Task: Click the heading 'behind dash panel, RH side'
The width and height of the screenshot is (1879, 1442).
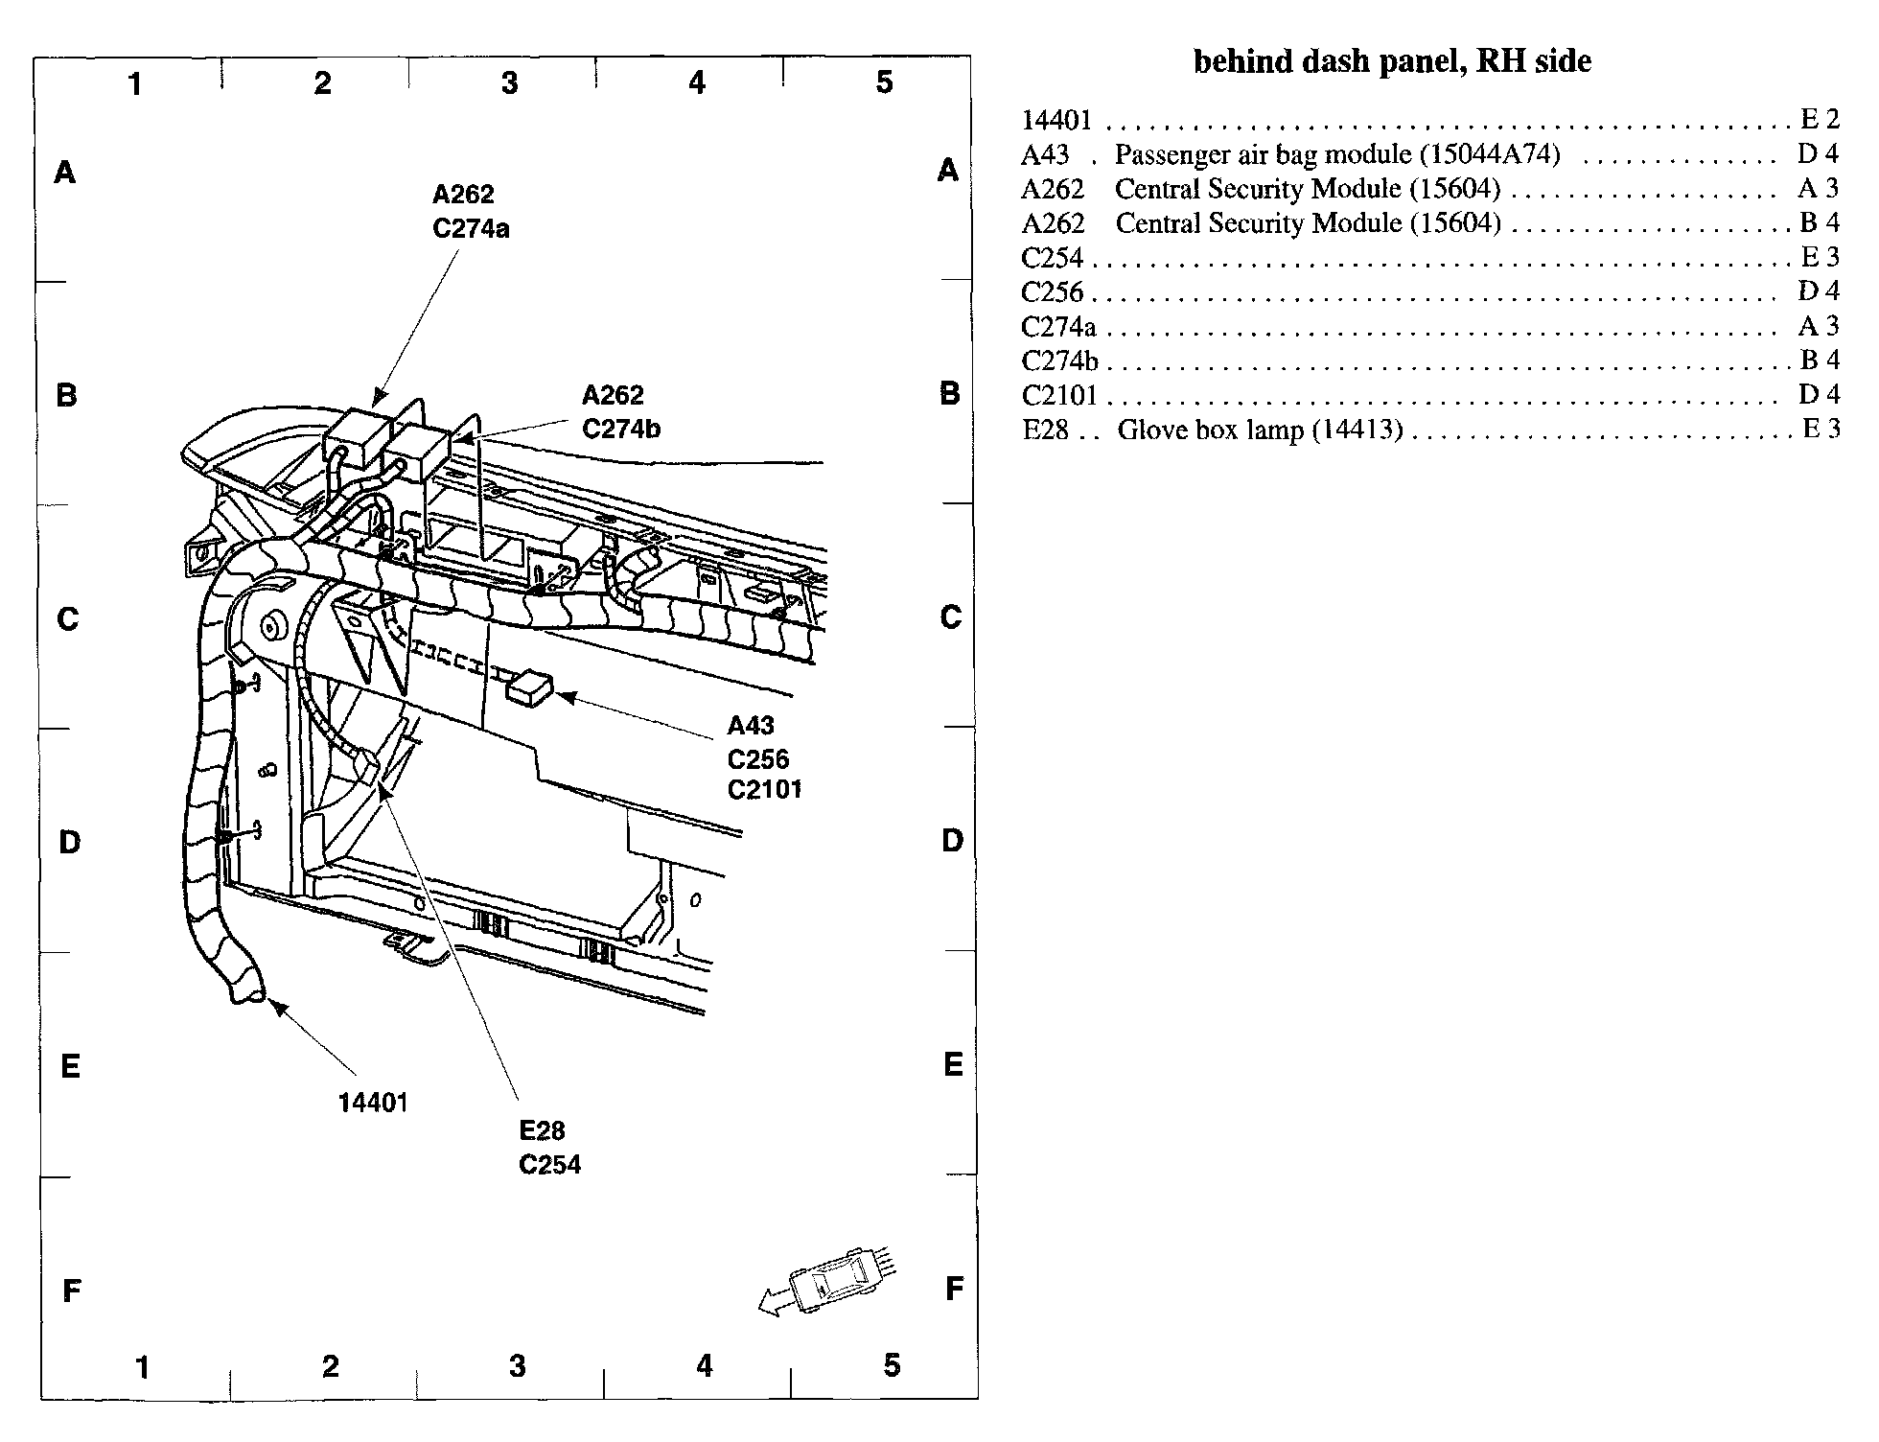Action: (1392, 61)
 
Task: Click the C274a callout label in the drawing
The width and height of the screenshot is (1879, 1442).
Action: (471, 228)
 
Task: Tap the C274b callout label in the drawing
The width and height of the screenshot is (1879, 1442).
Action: (621, 429)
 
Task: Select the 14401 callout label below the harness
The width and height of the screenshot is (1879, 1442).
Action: (373, 1103)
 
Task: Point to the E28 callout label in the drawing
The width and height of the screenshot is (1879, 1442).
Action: (542, 1131)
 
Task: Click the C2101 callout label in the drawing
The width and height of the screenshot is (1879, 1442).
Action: (764, 790)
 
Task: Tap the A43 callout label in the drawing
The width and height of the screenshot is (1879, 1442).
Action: (750, 726)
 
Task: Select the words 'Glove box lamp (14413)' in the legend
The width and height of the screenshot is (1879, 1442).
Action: (1260, 430)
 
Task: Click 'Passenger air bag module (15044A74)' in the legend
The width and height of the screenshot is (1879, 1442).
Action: (1337, 154)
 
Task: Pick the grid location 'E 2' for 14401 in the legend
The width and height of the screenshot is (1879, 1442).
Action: (1820, 119)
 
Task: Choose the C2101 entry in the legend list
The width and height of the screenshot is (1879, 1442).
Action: (1058, 395)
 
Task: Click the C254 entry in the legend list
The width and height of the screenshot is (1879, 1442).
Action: (1052, 258)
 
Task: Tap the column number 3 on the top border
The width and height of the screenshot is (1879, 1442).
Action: (509, 83)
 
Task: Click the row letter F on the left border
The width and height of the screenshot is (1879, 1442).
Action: (71, 1291)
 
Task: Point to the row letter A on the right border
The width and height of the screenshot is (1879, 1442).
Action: (948, 171)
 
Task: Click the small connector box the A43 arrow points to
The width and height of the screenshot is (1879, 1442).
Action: (530, 687)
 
